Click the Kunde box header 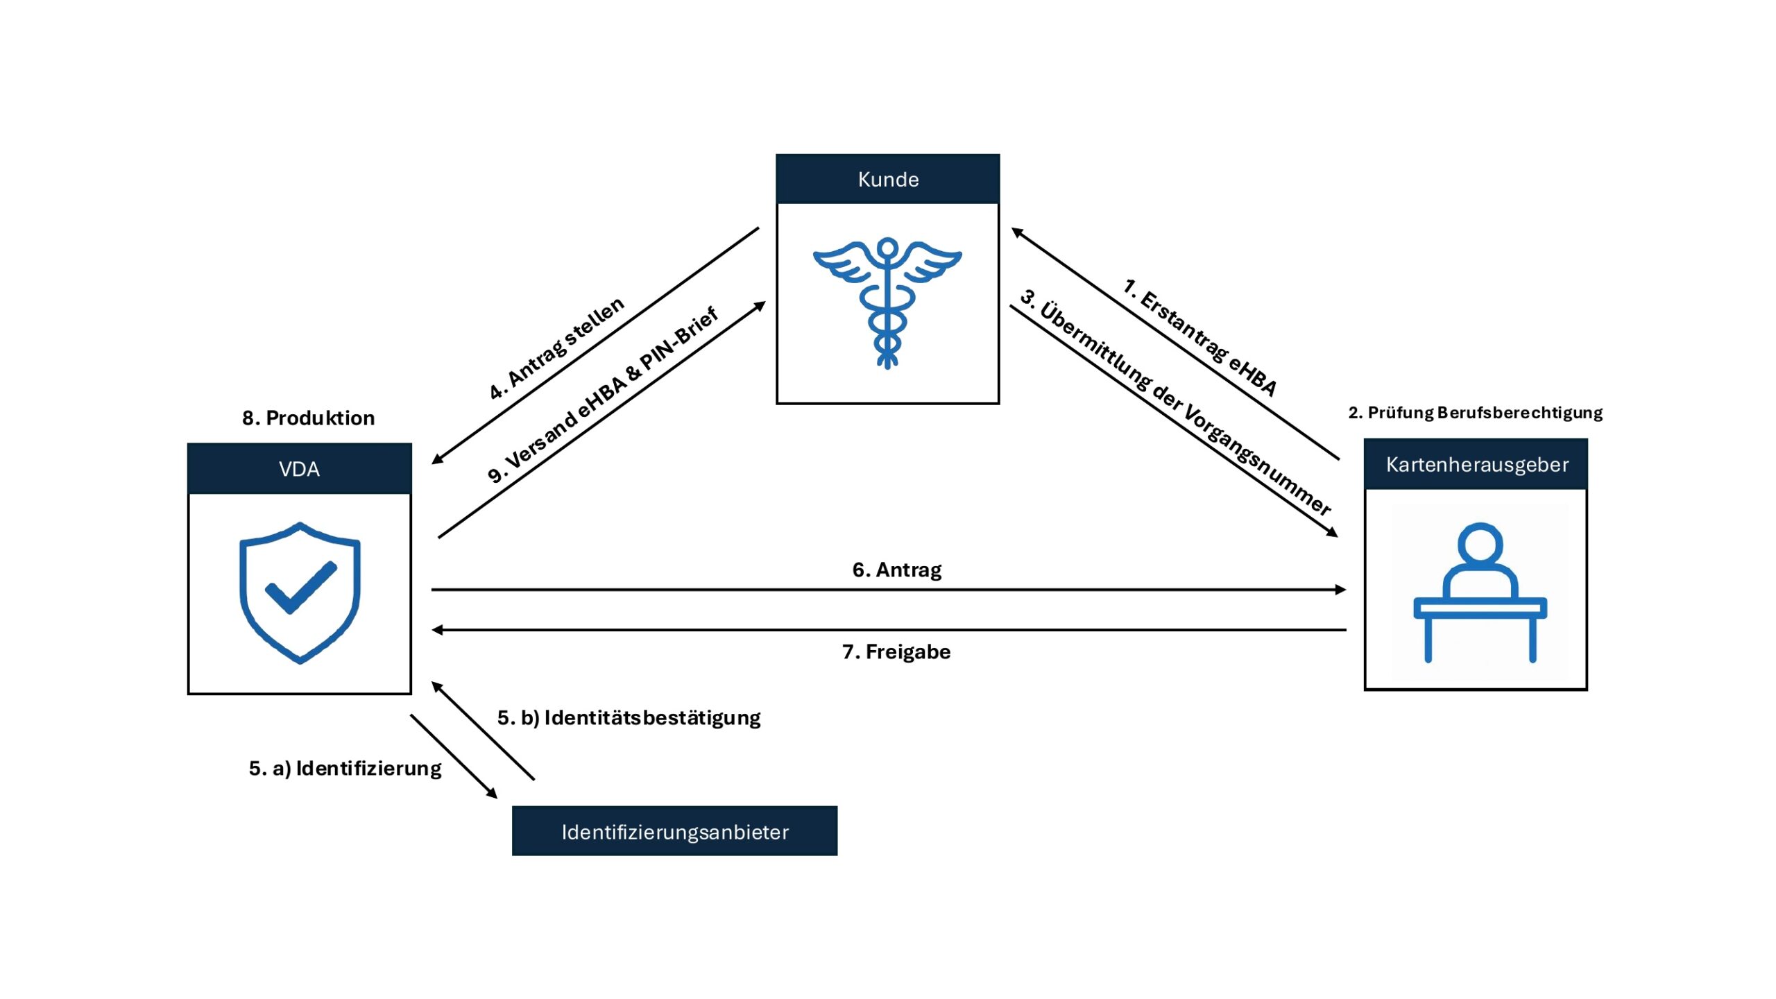[x=887, y=179]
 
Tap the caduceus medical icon [x=887, y=302]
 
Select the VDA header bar [x=299, y=469]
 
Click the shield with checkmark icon [x=300, y=592]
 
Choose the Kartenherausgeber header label [x=1476, y=464]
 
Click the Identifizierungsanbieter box [x=674, y=831]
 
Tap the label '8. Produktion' [x=308, y=418]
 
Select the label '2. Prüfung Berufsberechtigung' [x=1475, y=413]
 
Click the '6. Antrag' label [x=896, y=570]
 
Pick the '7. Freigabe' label [x=896, y=651]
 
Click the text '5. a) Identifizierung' [x=345, y=768]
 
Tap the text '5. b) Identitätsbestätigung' [x=629, y=717]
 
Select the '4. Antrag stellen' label [x=556, y=348]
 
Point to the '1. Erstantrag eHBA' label [x=1199, y=337]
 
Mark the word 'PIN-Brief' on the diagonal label [x=678, y=339]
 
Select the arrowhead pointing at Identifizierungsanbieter [x=492, y=793]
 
